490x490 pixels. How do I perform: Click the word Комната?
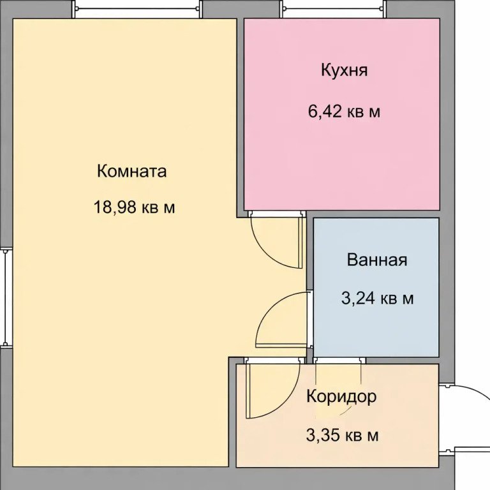click(131, 171)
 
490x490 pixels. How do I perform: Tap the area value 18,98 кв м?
click(134, 207)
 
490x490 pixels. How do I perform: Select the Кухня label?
click(344, 70)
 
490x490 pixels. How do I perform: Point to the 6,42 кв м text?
click(344, 112)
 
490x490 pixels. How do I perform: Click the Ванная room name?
click(377, 260)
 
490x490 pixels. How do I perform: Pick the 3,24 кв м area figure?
click(377, 298)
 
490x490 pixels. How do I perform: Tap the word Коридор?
click(341, 396)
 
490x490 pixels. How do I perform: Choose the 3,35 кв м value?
click(343, 436)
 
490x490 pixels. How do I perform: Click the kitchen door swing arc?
click(274, 242)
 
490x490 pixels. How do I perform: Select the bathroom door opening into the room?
click(281, 319)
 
